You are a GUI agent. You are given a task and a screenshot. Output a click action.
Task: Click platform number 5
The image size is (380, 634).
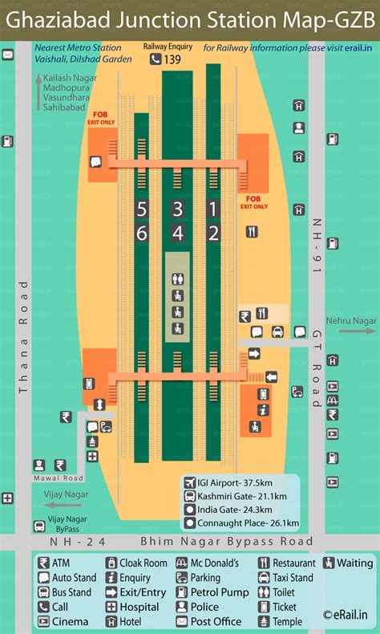coord(142,210)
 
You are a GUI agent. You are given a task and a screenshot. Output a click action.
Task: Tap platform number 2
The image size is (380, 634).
coord(213,234)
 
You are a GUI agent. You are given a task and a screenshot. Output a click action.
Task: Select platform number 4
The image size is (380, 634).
coord(178,234)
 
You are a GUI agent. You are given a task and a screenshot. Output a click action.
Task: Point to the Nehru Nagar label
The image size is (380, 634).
coord(352,321)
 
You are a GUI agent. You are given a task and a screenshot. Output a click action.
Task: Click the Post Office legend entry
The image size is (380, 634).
coord(212,621)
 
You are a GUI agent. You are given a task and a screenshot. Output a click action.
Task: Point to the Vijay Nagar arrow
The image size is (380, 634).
coord(63,505)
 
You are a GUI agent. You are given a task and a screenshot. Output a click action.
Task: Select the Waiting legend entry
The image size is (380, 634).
coord(348,563)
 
